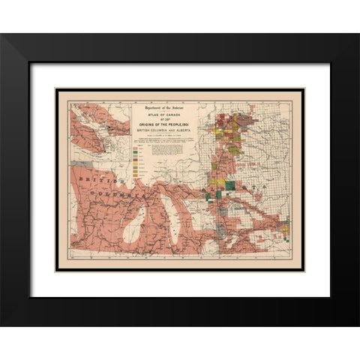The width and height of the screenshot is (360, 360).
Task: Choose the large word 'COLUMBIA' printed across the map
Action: tap(124, 193)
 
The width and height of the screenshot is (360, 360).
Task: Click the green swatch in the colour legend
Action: tap(136, 154)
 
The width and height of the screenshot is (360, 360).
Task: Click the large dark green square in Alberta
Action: tap(229, 186)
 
